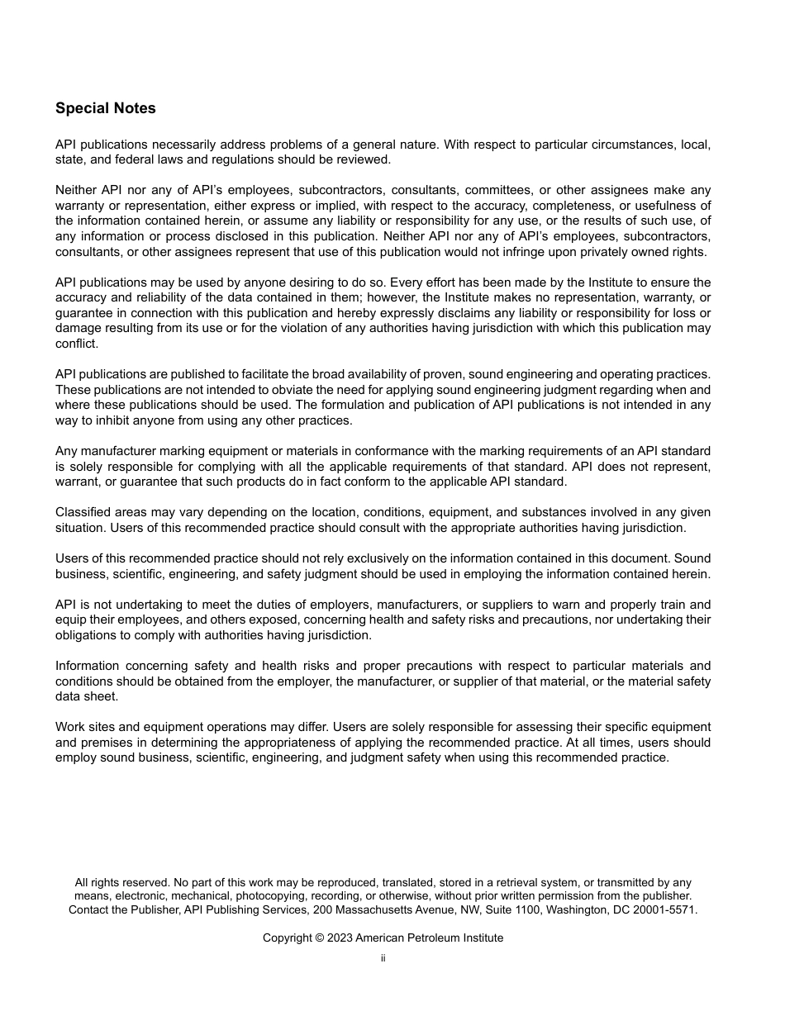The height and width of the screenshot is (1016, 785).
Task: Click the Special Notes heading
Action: pos(105,108)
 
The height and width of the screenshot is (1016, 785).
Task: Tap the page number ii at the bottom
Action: pos(383,958)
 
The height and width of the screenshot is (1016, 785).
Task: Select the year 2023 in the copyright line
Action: pos(340,938)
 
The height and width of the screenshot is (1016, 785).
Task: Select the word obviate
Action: pos(292,390)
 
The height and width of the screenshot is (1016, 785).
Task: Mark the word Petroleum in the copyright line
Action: pos(435,938)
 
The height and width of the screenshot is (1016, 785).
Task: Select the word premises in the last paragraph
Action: pos(105,742)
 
